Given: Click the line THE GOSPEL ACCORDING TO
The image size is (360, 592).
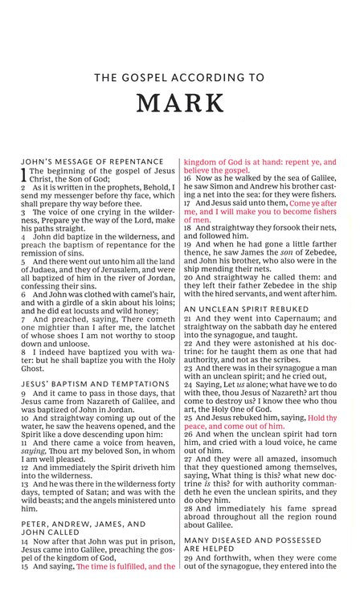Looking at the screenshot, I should (180, 78).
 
